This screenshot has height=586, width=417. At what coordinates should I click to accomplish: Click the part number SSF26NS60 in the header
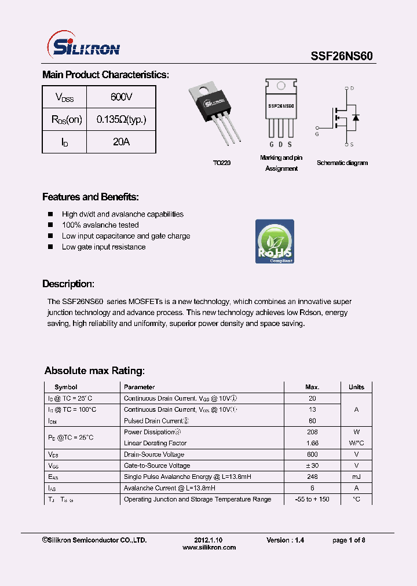click(342, 56)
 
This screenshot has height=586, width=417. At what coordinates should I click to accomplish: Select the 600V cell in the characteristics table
click(121, 97)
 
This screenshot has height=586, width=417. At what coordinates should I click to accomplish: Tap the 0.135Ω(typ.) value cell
click(121, 119)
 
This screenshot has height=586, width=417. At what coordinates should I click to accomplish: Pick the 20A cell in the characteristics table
click(121, 142)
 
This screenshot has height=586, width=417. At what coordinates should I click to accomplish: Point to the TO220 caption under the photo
click(221, 163)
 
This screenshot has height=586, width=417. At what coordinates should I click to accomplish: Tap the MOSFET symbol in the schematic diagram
click(345, 116)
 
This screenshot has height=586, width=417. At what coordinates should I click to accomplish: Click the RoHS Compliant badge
click(275, 241)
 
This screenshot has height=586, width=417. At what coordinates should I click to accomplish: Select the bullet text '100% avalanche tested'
click(100, 225)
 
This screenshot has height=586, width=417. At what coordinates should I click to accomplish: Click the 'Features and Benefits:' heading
click(90, 197)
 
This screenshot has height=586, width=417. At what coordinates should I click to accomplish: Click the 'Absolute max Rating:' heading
click(94, 371)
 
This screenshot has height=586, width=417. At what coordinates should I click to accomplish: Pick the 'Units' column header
click(356, 387)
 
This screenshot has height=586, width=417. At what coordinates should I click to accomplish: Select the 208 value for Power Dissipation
click(312, 432)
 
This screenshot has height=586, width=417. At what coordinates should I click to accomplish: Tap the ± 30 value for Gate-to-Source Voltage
click(312, 466)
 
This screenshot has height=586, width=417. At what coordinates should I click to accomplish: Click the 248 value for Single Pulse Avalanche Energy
click(312, 477)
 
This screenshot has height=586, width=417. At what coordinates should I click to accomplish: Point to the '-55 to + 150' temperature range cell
click(312, 499)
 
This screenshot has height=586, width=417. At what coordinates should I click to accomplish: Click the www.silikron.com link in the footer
click(209, 547)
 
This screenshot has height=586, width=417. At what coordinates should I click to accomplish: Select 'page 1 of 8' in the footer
click(349, 540)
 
